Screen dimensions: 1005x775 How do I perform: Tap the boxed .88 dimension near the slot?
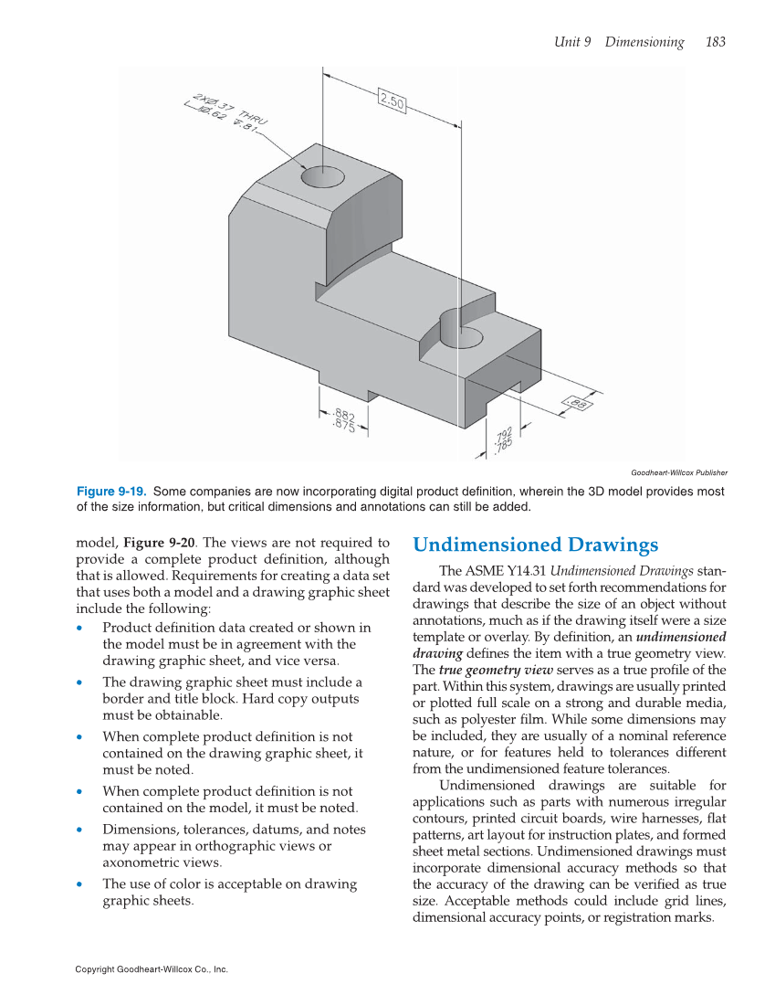coord(577,402)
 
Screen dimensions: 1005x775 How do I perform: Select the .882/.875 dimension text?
coord(344,421)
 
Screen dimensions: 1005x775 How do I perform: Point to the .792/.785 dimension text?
coord(502,439)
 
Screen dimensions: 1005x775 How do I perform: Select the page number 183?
coord(715,42)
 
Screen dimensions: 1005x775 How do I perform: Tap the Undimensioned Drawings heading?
coord(535,545)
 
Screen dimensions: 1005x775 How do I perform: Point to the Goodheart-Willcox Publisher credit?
coord(679,472)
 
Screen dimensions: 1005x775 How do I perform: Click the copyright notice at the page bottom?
coord(152,969)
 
